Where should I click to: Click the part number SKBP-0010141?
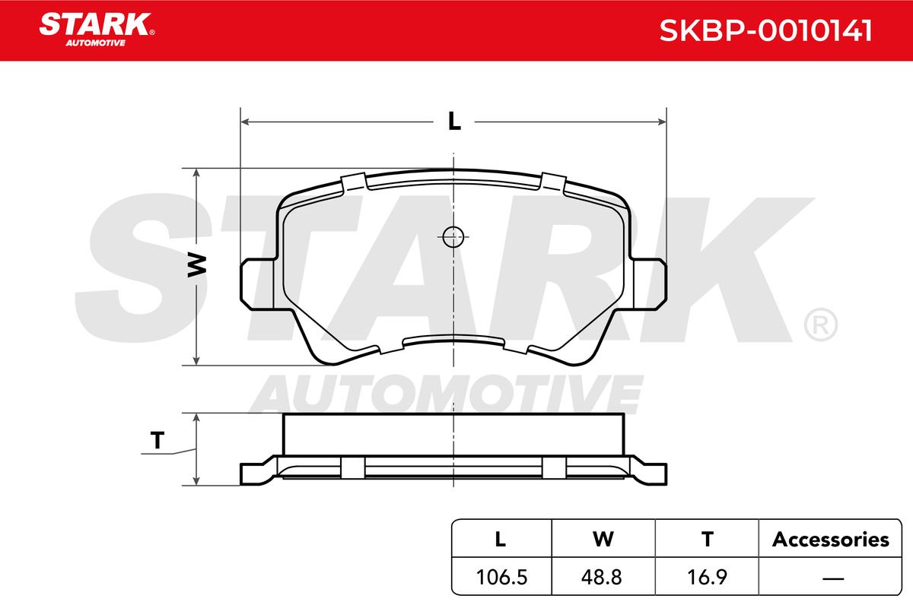click(765, 30)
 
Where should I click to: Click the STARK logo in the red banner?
click(97, 30)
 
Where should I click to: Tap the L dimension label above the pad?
click(454, 121)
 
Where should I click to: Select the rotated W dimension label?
click(197, 265)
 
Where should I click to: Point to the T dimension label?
click(157, 440)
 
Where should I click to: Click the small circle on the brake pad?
click(453, 236)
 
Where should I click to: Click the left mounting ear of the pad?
click(257, 284)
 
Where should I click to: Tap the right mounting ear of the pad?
click(650, 284)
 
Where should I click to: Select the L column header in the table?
click(500, 539)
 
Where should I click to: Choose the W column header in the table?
click(603, 539)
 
